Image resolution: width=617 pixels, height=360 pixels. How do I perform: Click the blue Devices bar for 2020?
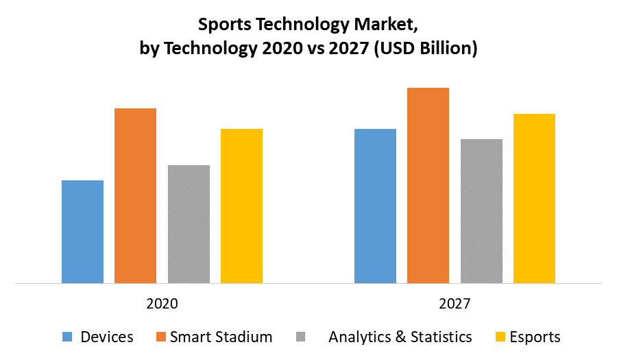(82, 232)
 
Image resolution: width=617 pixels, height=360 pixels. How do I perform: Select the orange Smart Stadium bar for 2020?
(135, 195)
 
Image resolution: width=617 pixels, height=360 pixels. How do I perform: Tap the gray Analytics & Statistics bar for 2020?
(189, 224)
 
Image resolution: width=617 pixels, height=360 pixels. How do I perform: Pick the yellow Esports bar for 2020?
(241, 206)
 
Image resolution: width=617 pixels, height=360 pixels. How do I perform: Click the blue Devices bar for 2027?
(375, 206)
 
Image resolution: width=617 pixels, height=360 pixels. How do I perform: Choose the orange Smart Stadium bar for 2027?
(428, 185)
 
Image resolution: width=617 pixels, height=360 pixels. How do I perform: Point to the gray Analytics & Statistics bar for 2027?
(481, 211)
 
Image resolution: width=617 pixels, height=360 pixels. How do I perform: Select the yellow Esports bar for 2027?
(534, 198)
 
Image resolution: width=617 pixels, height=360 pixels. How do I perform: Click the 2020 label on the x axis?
(162, 303)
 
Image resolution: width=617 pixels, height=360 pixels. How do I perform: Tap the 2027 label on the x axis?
(455, 303)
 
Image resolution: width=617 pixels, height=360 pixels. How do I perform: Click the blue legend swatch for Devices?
(67, 337)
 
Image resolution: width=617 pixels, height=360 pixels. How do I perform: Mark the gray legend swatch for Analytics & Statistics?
(302, 337)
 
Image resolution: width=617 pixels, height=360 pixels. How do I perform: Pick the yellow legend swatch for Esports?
(499, 337)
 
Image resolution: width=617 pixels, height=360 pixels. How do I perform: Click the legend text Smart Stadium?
(221, 337)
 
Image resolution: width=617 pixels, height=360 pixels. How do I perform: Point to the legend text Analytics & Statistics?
(400, 337)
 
